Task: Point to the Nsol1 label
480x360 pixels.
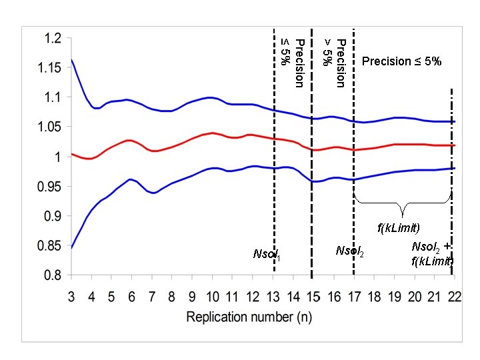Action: pyautogui.click(x=267, y=254)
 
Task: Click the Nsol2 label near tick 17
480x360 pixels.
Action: pyautogui.click(x=350, y=251)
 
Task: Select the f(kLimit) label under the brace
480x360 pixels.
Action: pyautogui.click(x=399, y=229)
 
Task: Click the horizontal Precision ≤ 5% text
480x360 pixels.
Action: pyautogui.click(x=401, y=61)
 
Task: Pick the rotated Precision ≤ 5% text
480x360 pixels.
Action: pyautogui.click(x=292, y=63)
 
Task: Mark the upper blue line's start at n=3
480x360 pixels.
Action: pyautogui.click(x=71, y=60)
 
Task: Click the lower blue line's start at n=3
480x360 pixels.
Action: pyautogui.click(x=71, y=247)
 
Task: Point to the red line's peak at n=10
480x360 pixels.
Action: pyautogui.click(x=213, y=133)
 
